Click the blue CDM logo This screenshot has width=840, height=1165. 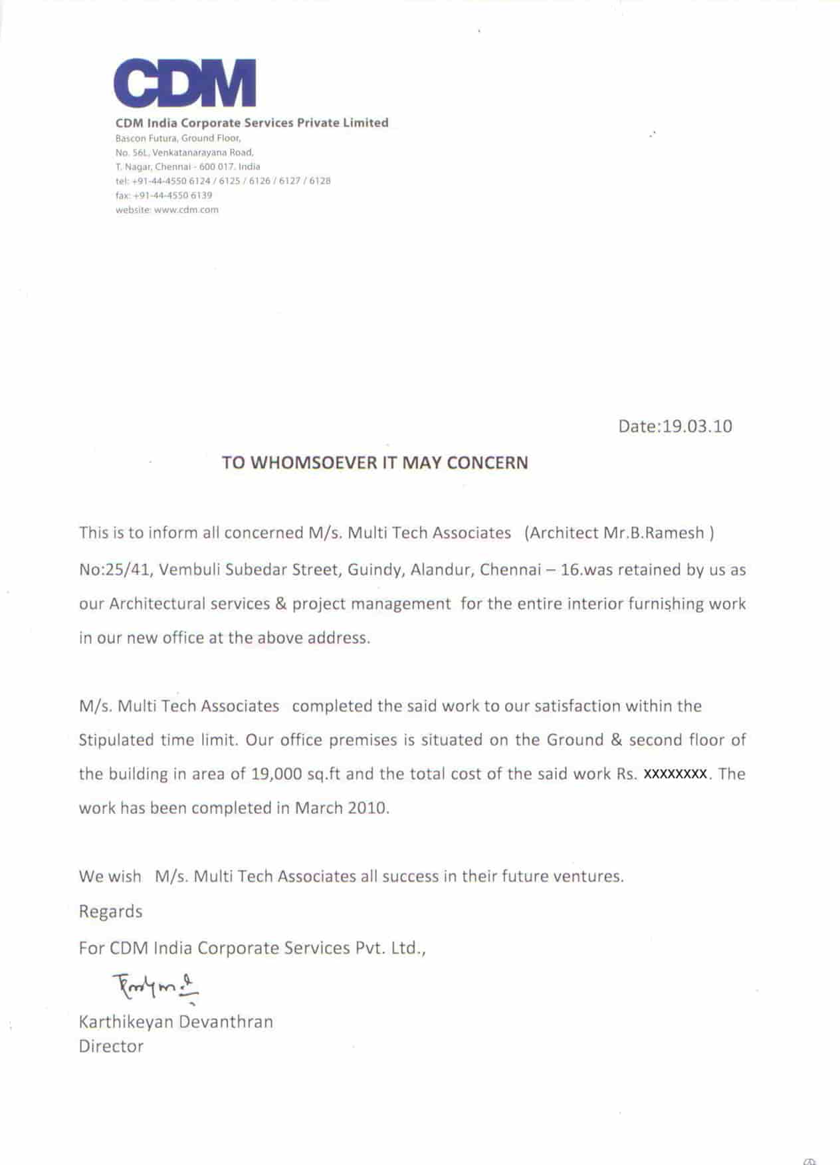(x=185, y=83)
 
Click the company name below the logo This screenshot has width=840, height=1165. (x=252, y=123)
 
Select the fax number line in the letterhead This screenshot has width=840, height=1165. (x=163, y=195)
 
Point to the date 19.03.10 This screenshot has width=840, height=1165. (x=697, y=426)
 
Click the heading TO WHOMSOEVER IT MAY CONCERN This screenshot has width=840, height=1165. (x=375, y=463)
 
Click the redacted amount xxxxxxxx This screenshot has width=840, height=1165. (x=675, y=774)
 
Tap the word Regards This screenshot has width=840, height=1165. (x=110, y=911)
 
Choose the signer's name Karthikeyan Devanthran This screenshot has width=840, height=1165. (x=175, y=1021)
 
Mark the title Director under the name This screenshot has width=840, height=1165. (x=111, y=1046)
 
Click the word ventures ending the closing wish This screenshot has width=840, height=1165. (x=588, y=876)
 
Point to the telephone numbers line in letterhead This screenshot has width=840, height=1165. (x=223, y=181)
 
